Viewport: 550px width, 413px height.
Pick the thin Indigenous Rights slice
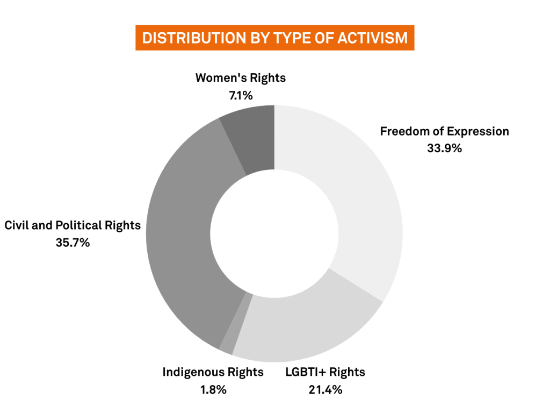[236, 323]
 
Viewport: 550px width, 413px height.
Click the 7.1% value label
[241, 96]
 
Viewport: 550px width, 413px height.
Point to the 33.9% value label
[444, 148]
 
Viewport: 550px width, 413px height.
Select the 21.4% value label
[325, 389]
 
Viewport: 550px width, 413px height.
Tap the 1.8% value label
[213, 389]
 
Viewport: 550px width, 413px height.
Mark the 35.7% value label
[73, 243]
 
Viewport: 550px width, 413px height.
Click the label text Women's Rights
[241, 78]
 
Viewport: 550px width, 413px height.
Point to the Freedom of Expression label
[444, 131]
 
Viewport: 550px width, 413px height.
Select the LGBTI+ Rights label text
[325, 372]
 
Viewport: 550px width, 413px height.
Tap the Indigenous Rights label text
[213, 372]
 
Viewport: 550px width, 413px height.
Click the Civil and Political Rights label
[73, 225]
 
